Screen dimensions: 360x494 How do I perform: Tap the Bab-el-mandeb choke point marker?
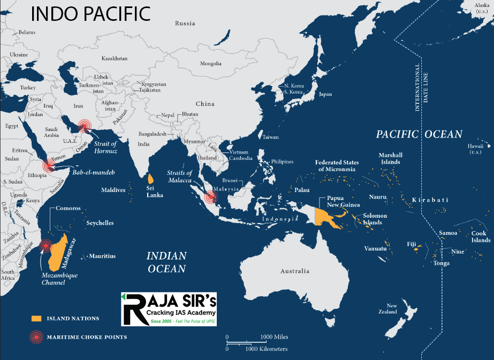click(49, 165)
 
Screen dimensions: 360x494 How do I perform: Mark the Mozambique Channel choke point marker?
click(45, 246)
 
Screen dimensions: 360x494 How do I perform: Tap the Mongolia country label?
click(210, 64)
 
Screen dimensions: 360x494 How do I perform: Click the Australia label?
click(294, 271)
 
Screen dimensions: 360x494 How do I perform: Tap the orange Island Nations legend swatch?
click(36, 318)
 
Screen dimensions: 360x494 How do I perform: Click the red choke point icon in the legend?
click(36, 337)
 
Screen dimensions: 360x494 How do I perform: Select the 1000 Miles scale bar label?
click(274, 336)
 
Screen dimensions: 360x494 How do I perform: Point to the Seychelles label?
click(100, 223)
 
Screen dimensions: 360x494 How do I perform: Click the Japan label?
click(325, 94)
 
